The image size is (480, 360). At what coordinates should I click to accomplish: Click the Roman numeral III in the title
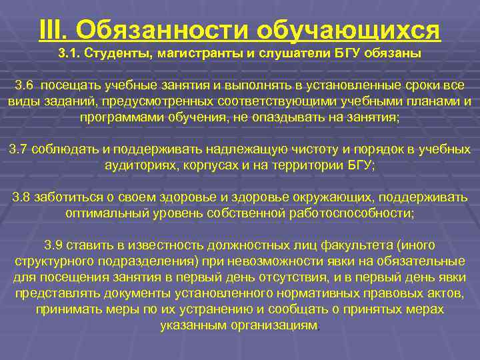point(53,29)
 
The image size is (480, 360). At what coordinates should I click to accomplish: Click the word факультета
point(334,245)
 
